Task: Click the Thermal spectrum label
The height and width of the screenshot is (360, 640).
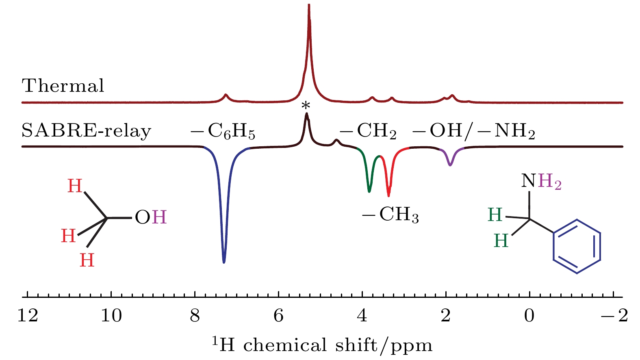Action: click(x=63, y=86)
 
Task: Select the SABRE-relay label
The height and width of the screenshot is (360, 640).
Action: click(x=86, y=131)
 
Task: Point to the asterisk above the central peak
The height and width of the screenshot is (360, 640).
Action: click(x=306, y=106)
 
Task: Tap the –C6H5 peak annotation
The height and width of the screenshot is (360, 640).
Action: click(x=223, y=131)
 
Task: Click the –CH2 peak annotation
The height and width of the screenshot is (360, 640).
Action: click(x=368, y=131)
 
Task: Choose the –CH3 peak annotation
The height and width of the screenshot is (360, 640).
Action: click(x=391, y=215)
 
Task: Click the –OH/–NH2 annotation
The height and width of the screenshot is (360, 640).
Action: click(x=474, y=131)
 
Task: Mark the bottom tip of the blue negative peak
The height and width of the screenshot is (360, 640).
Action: click(x=224, y=262)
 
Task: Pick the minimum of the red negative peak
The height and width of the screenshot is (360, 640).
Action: click(x=388, y=196)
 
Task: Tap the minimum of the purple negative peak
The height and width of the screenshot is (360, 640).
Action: click(x=450, y=165)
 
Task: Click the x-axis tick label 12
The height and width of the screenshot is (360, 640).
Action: click(x=28, y=315)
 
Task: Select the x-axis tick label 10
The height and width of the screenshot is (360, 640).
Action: click(x=111, y=315)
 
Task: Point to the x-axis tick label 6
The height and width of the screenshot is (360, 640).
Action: click(x=279, y=315)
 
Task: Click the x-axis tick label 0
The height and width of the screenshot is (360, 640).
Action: click(x=529, y=315)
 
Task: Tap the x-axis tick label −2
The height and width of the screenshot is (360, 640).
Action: click(x=615, y=315)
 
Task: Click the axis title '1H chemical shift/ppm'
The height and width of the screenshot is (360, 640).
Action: click(x=322, y=345)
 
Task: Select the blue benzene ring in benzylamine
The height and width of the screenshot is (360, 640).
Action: click(x=577, y=246)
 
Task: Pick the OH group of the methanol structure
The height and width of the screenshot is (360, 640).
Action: click(x=151, y=218)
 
